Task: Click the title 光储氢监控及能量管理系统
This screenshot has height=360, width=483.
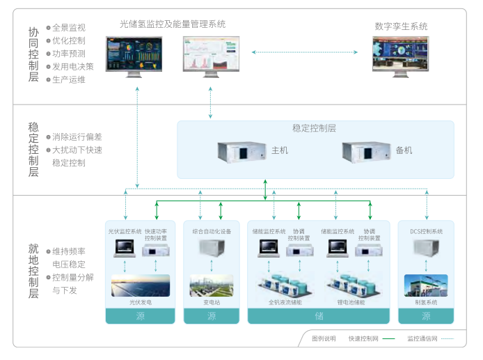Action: (173, 24)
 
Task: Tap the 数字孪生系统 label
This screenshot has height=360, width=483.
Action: (401, 26)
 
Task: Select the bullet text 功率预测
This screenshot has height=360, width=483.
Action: (69, 54)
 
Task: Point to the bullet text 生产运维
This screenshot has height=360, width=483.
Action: (69, 79)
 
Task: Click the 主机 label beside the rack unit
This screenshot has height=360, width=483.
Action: (279, 150)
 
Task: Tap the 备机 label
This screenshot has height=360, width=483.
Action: (404, 150)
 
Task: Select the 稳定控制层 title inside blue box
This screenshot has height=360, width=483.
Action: (315, 129)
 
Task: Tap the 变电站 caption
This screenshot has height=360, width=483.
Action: (212, 302)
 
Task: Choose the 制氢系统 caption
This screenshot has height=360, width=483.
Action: (426, 302)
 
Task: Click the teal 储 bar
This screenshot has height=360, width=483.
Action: (319, 316)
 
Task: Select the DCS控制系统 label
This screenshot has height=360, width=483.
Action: (426, 231)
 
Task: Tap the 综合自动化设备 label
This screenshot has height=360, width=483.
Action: (212, 231)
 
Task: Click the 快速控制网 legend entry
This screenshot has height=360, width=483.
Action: (371, 339)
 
